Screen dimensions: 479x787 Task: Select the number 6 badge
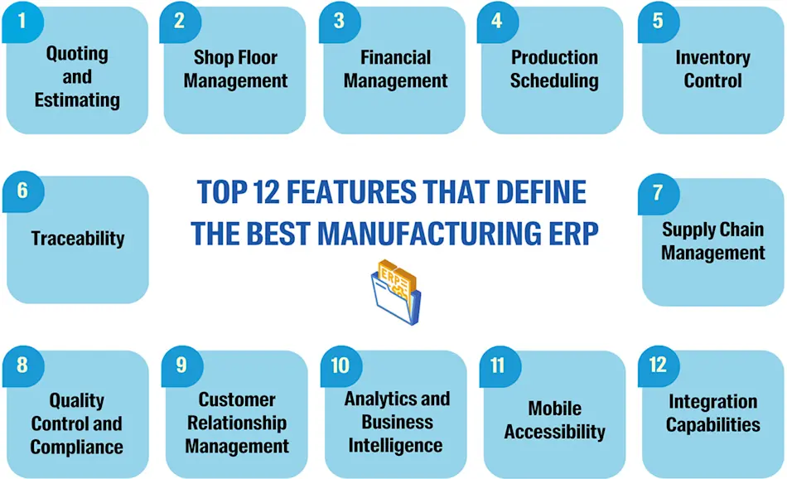22,191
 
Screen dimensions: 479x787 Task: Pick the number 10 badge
340,365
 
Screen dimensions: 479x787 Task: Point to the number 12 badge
659,365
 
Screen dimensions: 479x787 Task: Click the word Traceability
78,239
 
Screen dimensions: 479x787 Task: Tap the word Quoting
77,54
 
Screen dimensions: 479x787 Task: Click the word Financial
396,57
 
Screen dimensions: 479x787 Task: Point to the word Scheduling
554,80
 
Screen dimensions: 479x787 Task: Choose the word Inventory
712,57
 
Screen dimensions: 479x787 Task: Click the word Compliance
77,447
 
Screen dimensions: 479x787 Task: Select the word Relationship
237,423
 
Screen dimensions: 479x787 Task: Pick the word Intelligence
396,445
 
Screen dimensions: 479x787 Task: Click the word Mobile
555,409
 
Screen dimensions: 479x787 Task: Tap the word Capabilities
712,425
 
